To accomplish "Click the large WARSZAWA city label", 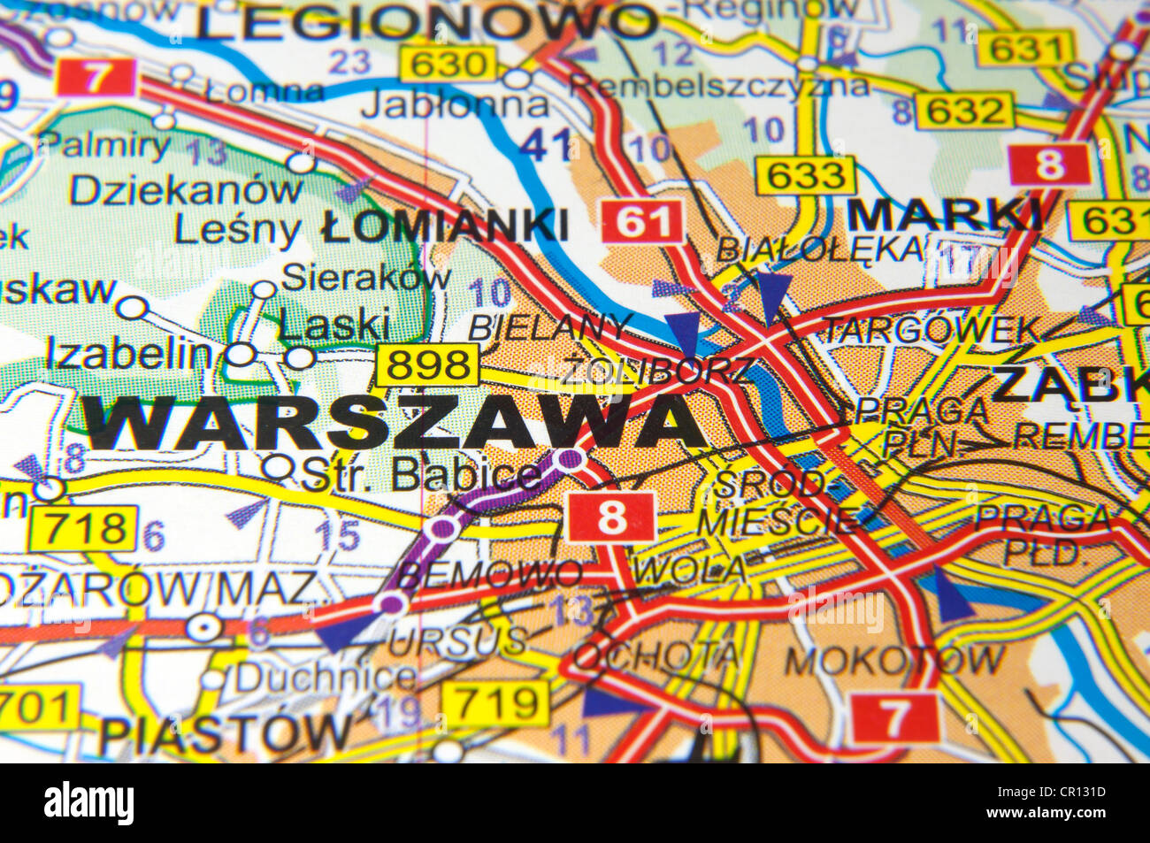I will coord(394,422).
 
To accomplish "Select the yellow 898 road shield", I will coord(428,364).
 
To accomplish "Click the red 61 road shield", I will coord(643,221).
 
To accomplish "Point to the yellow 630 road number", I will coord(448,64).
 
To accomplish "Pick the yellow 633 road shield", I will coord(805,175).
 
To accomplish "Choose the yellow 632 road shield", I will coord(963,111).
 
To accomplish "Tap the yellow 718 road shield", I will coord(83,528).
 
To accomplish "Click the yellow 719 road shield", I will coord(494,704).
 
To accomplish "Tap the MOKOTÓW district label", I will coord(894,660).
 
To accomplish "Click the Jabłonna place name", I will coord(455,105).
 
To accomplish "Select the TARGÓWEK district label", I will coord(931,330).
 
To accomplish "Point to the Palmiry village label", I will coord(105,145).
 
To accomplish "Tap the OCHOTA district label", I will coord(655,655).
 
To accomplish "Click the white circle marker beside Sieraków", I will coord(264,289).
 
